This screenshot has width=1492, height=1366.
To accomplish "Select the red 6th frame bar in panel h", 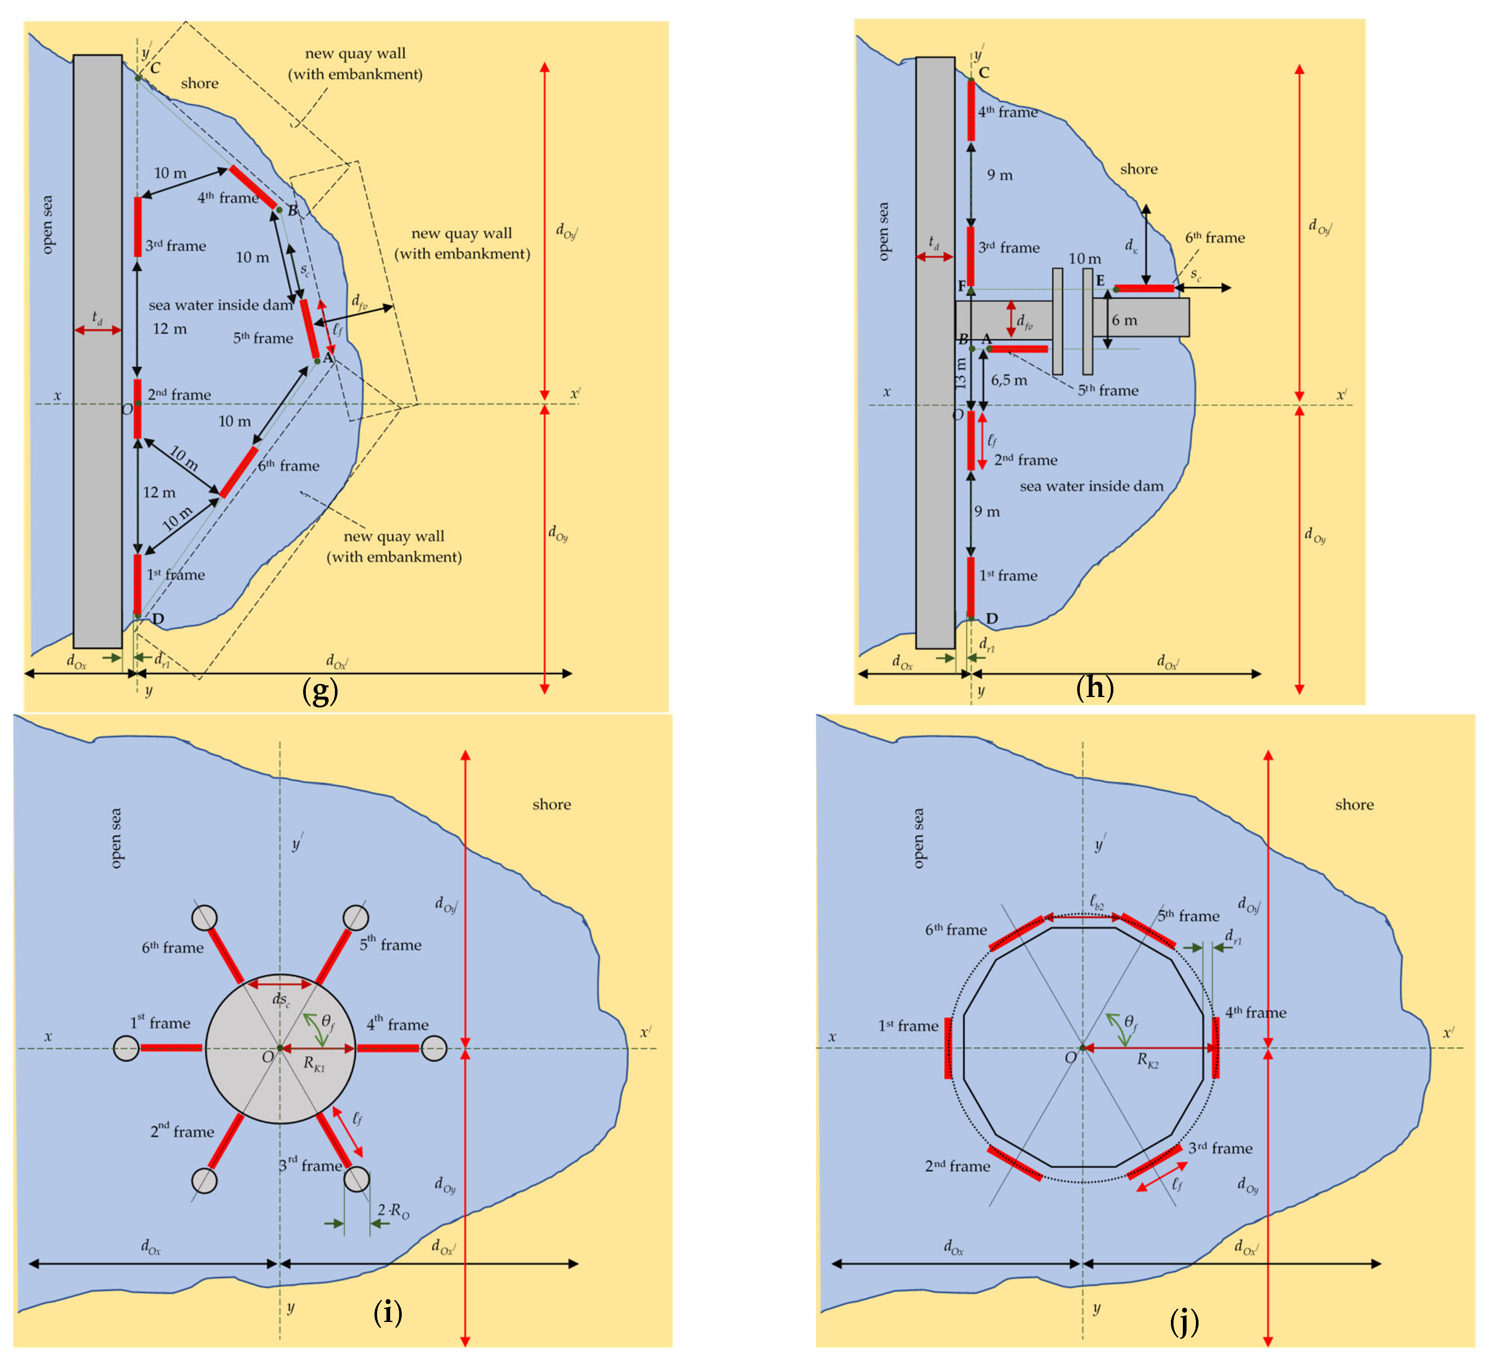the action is [1144, 288].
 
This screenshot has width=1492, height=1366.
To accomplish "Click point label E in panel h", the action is [1100, 280].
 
